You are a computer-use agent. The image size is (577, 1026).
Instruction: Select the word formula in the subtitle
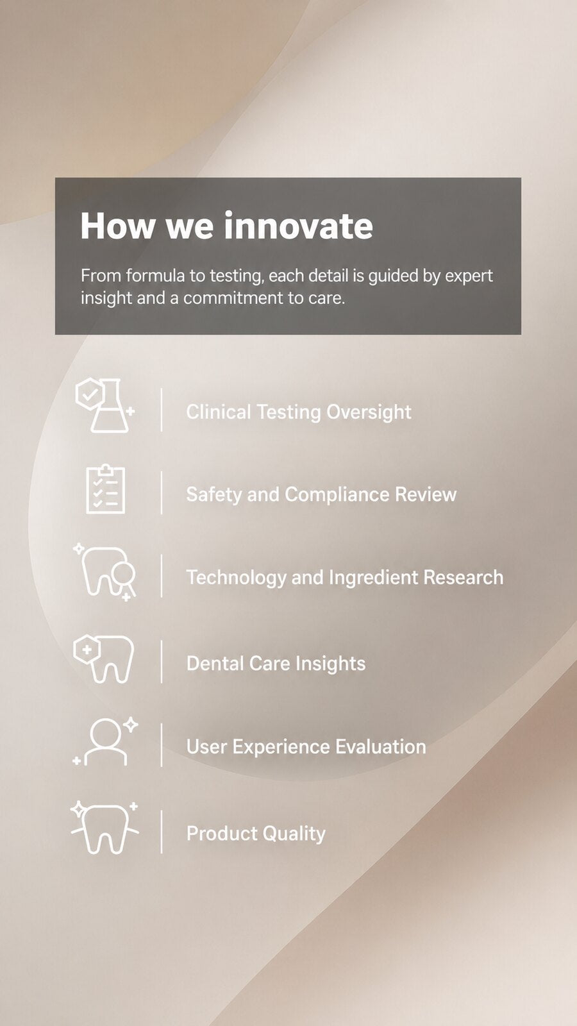(155, 276)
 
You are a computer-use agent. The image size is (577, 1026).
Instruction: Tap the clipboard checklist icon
(105, 489)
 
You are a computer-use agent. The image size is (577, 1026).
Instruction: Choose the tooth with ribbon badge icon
(105, 573)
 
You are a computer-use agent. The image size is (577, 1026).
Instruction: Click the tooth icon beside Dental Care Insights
(104, 659)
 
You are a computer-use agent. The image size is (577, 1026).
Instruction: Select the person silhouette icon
(105, 742)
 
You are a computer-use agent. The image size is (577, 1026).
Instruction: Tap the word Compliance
(337, 494)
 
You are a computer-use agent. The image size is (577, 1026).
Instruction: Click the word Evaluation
(381, 747)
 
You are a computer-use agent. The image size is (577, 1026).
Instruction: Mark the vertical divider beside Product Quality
(162, 832)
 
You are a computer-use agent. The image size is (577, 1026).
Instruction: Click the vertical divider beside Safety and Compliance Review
(162, 493)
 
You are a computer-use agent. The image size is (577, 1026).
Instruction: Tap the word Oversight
(369, 412)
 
